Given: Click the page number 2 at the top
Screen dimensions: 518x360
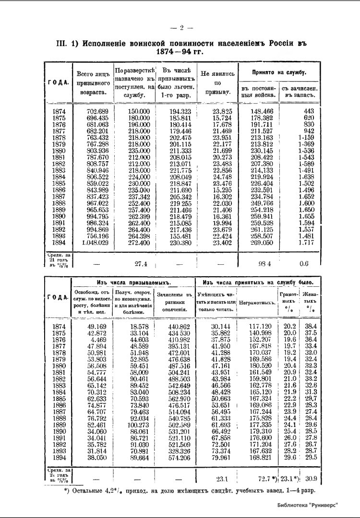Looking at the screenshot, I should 182,27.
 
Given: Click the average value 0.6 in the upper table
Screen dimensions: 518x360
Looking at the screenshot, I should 304,263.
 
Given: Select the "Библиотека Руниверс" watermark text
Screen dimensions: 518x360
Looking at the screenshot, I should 307,505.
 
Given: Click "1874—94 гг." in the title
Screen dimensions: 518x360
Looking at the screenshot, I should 182,51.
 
